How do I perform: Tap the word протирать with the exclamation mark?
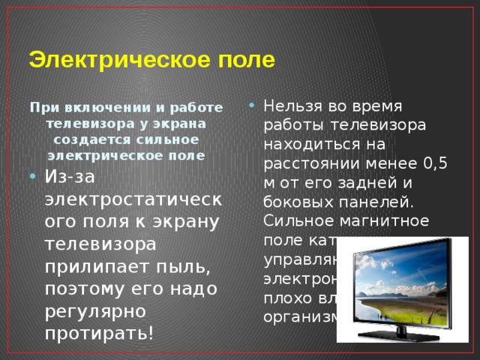point(100,331)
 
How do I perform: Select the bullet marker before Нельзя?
point(253,105)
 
